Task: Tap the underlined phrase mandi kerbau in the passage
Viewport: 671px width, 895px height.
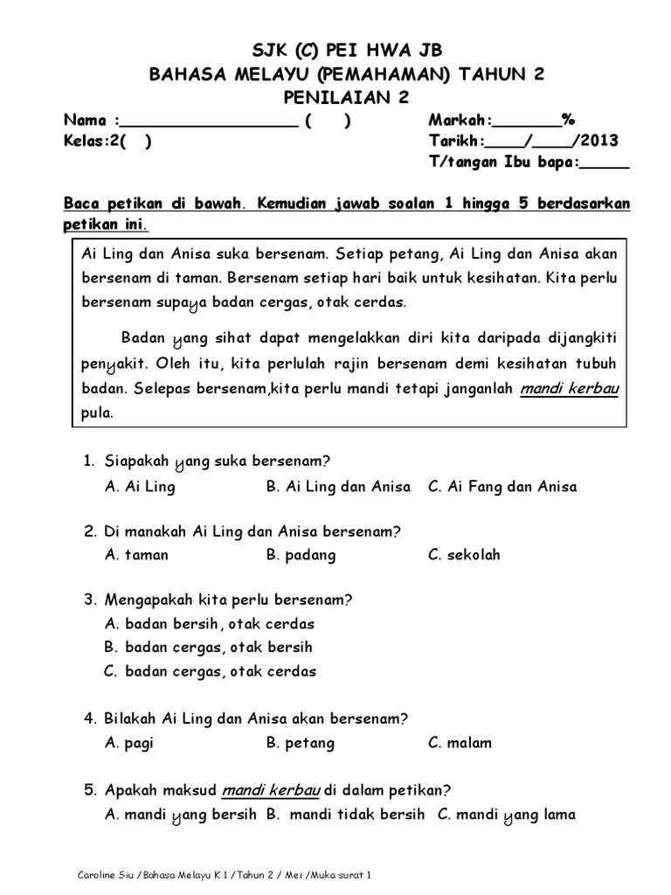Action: pyautogui.click(x=569, y=390)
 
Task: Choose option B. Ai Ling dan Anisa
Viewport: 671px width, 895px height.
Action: pyautogui.click(x=337, y=487)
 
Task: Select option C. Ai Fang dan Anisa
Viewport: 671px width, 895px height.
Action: pyautogui.click(x=502, y=487)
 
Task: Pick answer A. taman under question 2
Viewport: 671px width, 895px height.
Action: pyautogui.click(x=136, y=555)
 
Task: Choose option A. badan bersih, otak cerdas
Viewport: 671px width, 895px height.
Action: pyautogui.click(x=209, y=624)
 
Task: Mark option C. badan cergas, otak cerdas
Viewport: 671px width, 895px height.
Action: pyautogui.click(x=210, y=671)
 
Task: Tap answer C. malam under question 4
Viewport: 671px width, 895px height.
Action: pyautogui.click(x=460, y=744)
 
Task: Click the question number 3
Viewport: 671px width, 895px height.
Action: pyautogui.click(x=89, y=600)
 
